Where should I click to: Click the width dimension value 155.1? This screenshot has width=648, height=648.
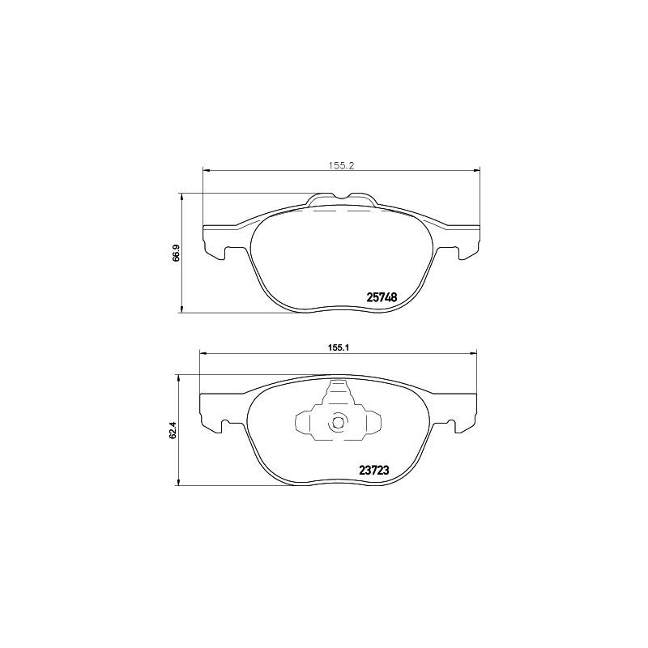(x=338, y=346)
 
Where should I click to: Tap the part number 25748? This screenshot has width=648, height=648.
(x=382, y=297)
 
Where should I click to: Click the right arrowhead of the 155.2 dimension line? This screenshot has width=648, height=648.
(x=476, y=170)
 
